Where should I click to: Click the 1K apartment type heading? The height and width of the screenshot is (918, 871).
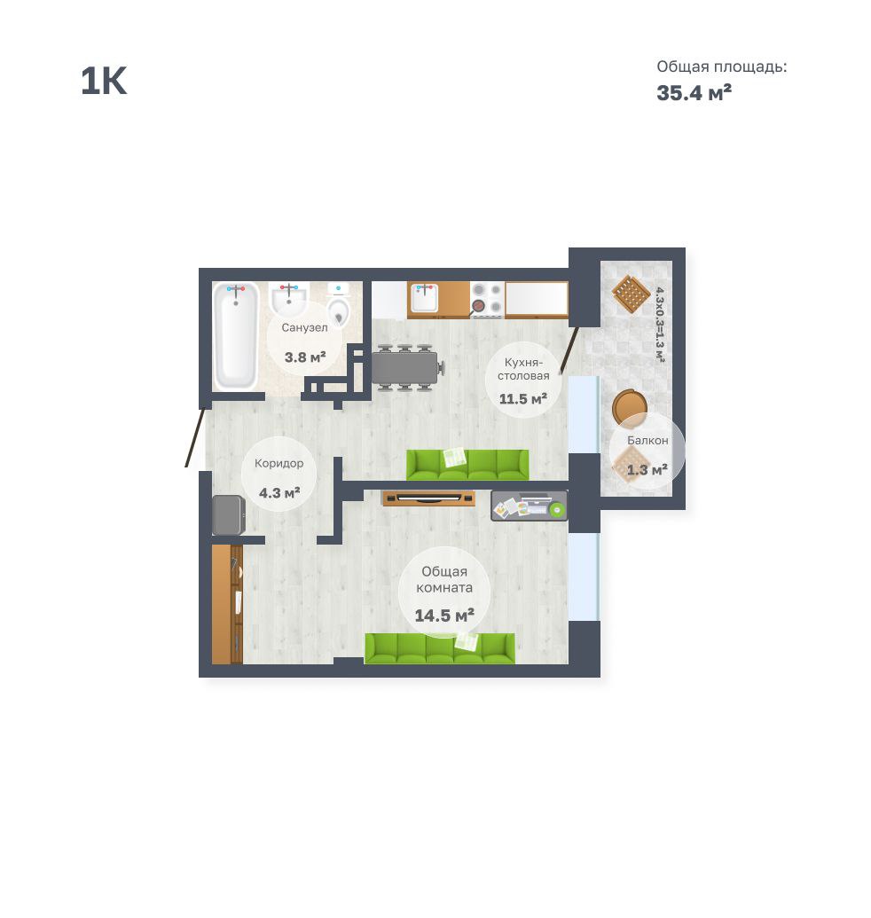104,81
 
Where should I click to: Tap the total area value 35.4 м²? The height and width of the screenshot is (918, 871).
694,93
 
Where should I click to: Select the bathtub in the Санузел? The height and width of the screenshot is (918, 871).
235,336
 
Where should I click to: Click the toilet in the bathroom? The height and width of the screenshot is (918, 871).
338,304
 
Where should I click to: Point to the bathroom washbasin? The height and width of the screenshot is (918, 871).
288,299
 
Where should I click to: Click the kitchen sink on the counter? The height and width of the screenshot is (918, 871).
424,298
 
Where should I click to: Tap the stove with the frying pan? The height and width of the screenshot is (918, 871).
487,299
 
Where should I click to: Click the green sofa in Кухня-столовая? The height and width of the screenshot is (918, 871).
467,465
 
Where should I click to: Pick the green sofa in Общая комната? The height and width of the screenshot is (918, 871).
440,648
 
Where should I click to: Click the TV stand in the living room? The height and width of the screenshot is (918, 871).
428,498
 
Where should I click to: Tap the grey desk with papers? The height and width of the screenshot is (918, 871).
530,506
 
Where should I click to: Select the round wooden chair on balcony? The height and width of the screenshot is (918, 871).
630,406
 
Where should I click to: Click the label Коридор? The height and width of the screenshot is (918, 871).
279,463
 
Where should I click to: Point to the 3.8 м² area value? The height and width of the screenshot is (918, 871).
305,357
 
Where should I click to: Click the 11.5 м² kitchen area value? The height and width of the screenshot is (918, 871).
522,399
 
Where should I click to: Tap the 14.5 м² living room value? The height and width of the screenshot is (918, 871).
444,616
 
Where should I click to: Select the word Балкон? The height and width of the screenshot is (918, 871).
647,440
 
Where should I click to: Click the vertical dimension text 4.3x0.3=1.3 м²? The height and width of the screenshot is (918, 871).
660,325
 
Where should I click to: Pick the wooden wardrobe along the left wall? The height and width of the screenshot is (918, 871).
227,604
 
